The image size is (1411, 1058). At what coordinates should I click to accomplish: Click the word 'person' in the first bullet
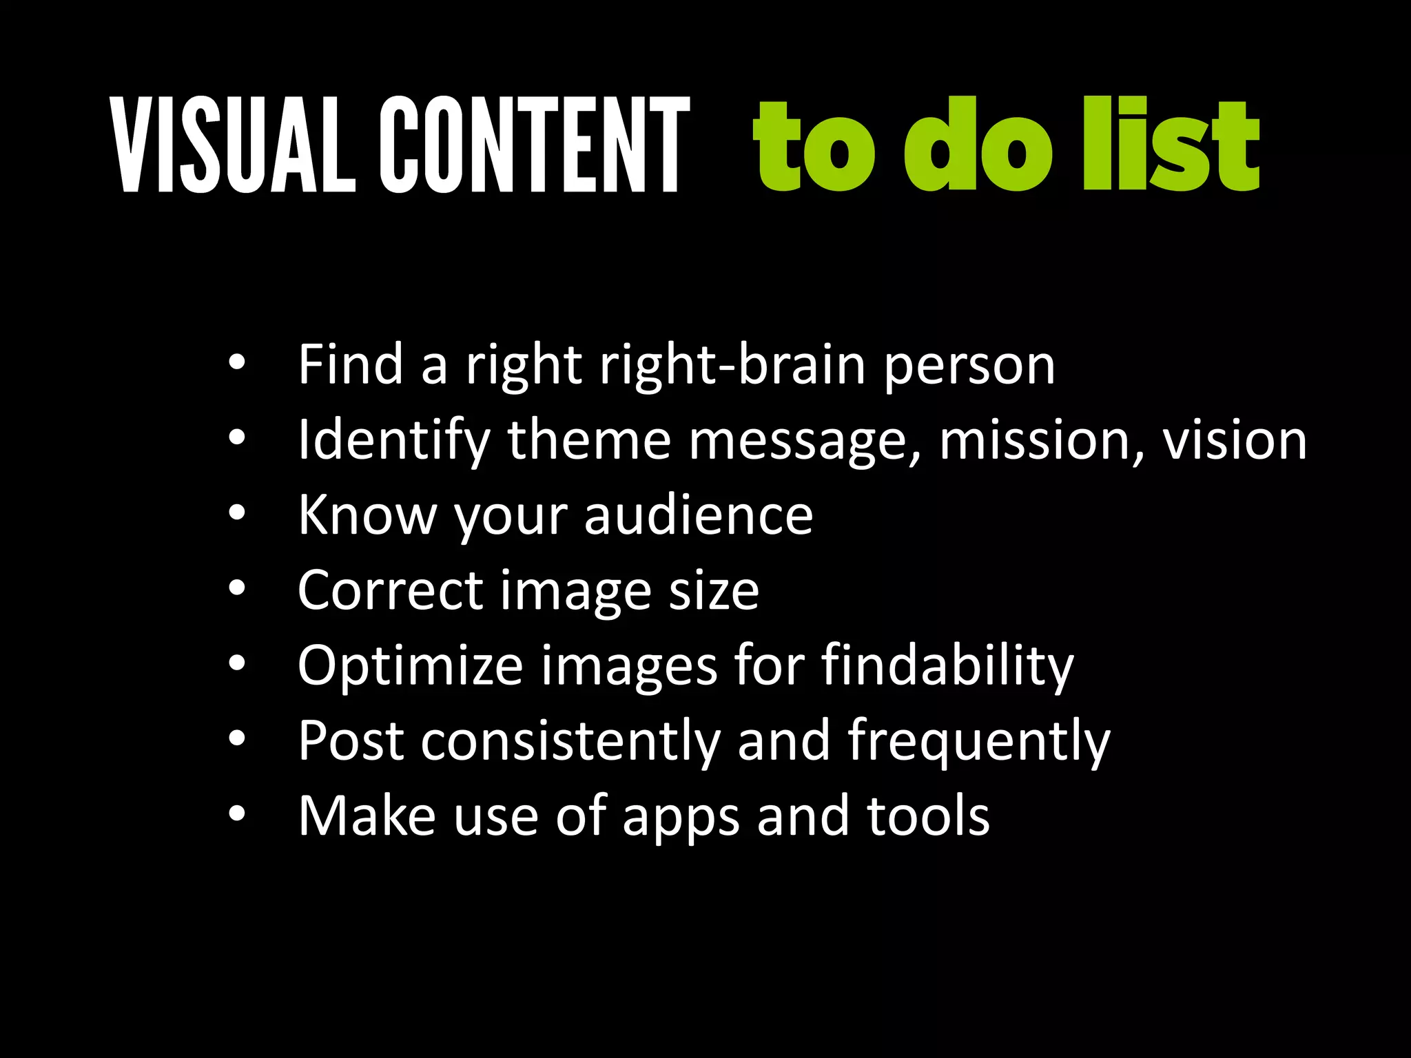point(969,366)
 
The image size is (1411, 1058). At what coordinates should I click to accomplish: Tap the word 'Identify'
point(394,441)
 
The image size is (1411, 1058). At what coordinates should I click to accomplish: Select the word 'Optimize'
point(411,666)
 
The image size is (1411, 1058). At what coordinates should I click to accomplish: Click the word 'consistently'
point(571,741)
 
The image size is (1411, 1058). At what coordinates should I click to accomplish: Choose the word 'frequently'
point(979,742)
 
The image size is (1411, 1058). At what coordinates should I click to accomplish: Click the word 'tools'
point(928,816)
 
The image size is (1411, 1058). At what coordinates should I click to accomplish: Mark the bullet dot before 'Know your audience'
point(237,513)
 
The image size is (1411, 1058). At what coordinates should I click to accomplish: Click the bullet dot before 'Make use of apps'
point(237,814)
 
